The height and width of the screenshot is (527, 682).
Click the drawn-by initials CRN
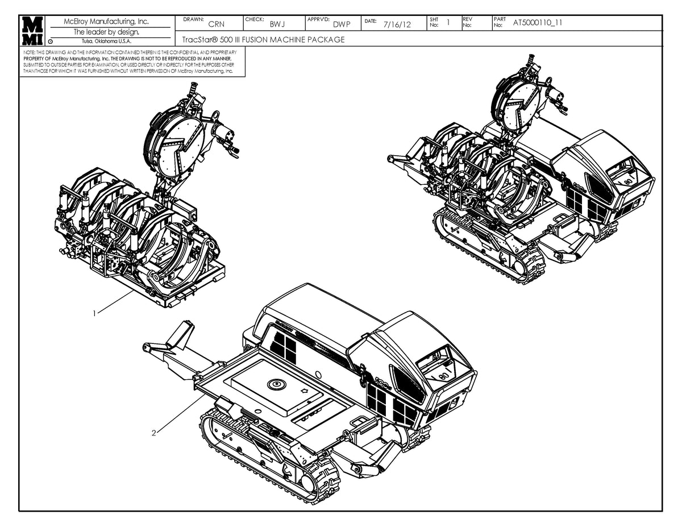[x=216, y=24]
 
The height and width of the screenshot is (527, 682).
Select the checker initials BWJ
[x=277, y=24]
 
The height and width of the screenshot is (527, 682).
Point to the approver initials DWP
[x=342, y=24]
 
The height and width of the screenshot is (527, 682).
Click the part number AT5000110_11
[x=538, y=23]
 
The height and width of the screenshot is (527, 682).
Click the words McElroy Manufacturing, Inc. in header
[x=107, y=22]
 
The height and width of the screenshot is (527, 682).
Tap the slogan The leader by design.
[x=107, y=32]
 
